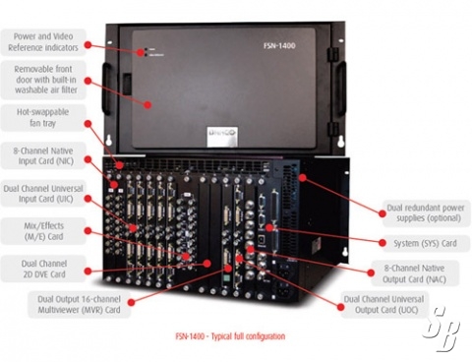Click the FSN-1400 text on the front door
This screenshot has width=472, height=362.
pyautogui.click(x=279, y=45)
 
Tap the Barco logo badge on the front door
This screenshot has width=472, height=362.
pyautogui.click(x=222, y=136)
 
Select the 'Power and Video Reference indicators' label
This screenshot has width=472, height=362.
pyautogui.click(x=43, y=42)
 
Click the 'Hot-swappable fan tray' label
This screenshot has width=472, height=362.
pyautogui.click(x=42, y=118)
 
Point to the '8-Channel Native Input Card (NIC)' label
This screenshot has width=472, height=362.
pyautogui.click(x=43, y=155)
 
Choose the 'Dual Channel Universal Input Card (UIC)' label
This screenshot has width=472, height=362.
pyautogui.click(x=43, y=194)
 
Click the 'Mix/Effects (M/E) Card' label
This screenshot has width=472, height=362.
pyautogui.click(x=43, y=231)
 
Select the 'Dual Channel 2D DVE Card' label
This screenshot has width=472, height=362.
pyautogui.click(x=44, y=269)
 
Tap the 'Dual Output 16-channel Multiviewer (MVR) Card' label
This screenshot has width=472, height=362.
pyautogui.click(x=79, y=304)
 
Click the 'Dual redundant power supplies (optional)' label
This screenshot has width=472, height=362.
pyautogui.click(x=426, y=212)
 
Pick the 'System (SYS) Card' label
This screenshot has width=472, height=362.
pyautogui.click(x=425, y=243)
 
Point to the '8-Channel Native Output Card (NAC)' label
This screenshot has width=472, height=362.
pyautogui.click(x=414, y=273)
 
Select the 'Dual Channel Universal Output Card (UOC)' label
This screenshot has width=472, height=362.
pyautogui.click(x=383, y=304)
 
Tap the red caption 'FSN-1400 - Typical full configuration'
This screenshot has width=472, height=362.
pyautogui.click(x=230, y=336)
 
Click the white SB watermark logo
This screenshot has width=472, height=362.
pyautogui.click(x=442, y=329)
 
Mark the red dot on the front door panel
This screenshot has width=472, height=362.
pyautogui.click(x=147, y=105)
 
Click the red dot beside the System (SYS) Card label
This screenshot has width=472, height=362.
pyautogui.click(x=383, y=243)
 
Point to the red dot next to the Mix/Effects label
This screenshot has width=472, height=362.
pyautogui.click(x=88, y=231)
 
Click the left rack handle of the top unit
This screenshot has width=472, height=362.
pyautogui.click(x=106, y=89)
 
